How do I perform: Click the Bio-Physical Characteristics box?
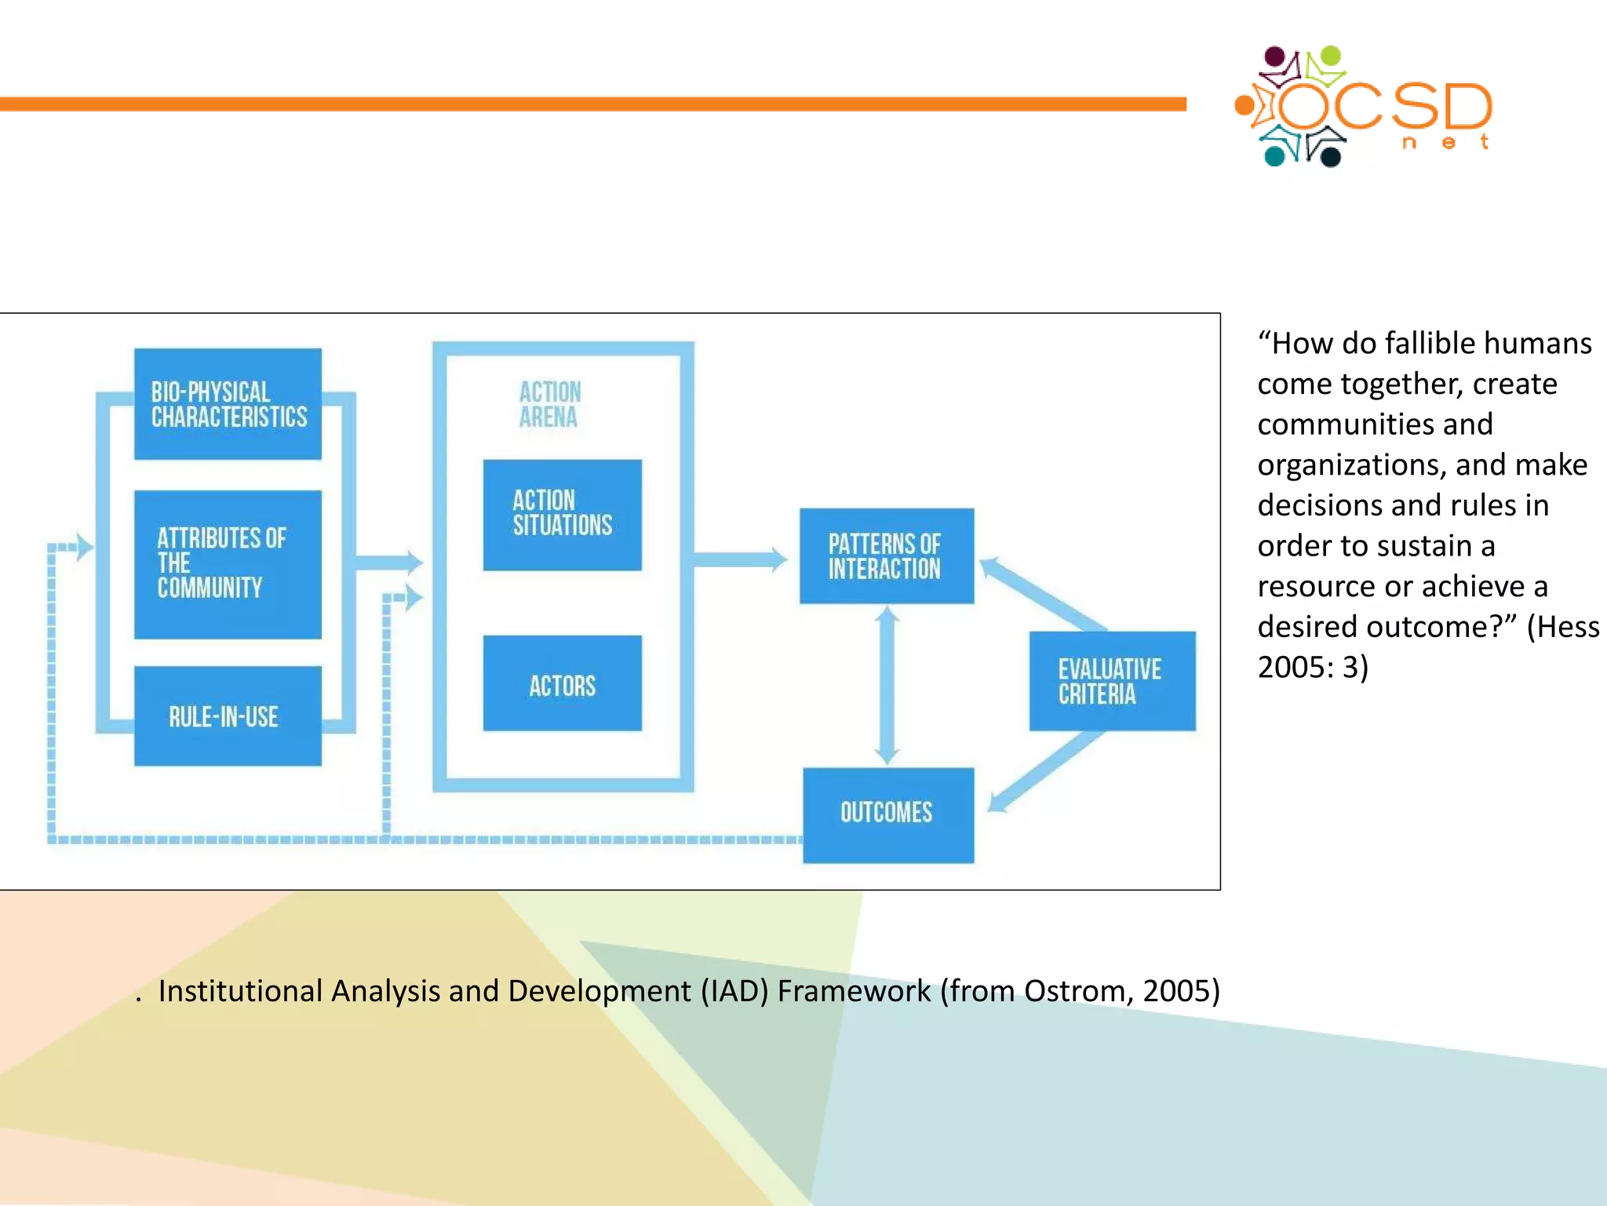click(228, 403)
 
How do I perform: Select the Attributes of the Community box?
click(228, 563)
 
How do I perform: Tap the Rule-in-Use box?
click(228, 716)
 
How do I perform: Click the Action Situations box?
click(562, 514)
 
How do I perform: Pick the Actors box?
click(562, 683)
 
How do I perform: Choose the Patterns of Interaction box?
click(886, 556)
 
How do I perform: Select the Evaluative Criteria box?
click(1112, 681)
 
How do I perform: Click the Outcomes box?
click(887, 814)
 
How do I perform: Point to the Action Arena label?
click(549, 404)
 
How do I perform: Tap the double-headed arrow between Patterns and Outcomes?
click(887, 685)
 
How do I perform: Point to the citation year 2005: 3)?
click(1312, 668)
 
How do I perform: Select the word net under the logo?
click(1445, 142)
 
